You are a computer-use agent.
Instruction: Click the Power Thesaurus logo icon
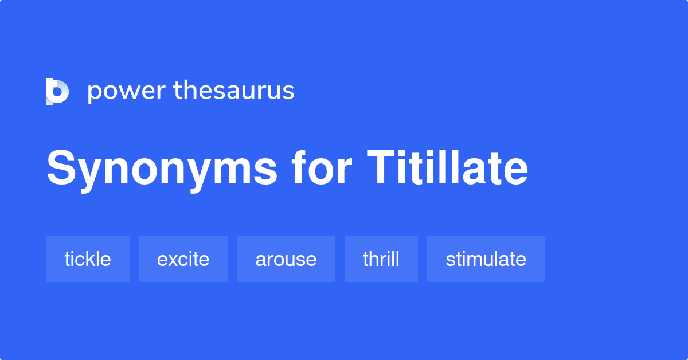[x=57, y=92]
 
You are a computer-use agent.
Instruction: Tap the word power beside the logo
[x=127, y=92]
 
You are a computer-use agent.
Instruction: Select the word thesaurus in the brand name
[x=234, y=90]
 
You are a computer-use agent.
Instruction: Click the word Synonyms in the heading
[x=162, y=170]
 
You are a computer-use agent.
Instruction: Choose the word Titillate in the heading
[x=448, y=168]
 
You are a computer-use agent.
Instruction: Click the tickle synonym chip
[x=88, y=259]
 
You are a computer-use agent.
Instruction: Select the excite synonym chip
[x=183, y=259]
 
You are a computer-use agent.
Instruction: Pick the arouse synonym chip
[x=286, y=259]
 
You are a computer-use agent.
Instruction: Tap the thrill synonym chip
[x=381, y=259]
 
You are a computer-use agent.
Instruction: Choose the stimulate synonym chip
[x=486, y=259]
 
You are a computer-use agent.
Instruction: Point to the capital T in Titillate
[x=380, y=167]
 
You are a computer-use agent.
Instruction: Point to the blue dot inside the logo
[x=57, y=92]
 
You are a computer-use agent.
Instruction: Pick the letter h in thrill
[x=376, y=259]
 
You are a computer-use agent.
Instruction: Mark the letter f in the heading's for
[x=299, y=167]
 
